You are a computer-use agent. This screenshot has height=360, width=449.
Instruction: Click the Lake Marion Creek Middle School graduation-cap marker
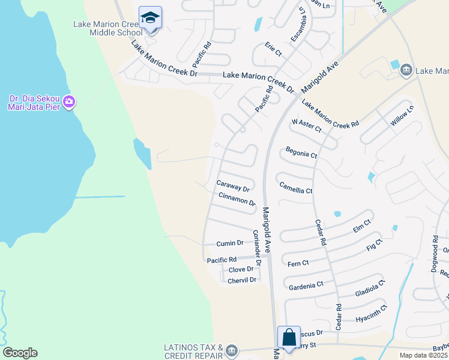[150, 18]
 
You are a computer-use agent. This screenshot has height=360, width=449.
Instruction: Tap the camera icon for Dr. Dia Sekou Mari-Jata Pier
[69, 102]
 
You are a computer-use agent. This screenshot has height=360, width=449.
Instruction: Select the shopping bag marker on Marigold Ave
[289, 338]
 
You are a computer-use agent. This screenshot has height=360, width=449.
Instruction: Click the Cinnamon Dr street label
[237, 199]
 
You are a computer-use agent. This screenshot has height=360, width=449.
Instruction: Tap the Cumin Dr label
[230, 243]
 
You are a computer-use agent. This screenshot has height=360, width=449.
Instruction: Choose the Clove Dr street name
[241, 270]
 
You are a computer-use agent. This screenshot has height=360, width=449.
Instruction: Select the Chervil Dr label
[243, 280]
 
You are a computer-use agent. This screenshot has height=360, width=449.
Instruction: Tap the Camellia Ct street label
[296, 189]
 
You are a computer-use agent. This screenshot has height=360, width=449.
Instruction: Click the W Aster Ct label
[307, 125]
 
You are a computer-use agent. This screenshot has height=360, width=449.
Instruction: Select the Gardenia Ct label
[306, 286]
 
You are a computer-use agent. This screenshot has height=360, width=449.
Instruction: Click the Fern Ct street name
[298, 263]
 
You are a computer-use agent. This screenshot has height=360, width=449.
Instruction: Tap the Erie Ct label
[273, 49]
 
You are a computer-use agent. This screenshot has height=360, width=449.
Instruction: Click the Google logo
[20, 353]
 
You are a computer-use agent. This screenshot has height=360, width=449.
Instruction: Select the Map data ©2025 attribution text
[423, 355]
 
